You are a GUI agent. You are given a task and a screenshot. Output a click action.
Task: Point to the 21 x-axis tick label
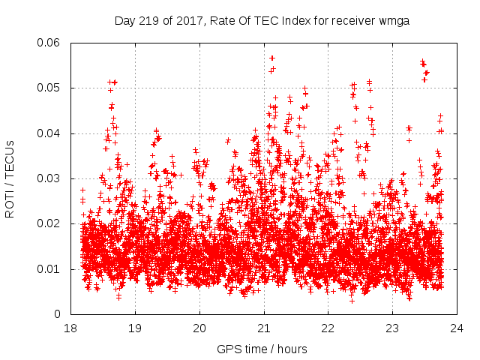point(264,328)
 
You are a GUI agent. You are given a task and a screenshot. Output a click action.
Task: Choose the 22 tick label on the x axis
point(328,328)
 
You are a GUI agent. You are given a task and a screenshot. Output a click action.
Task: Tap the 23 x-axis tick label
point(392,328)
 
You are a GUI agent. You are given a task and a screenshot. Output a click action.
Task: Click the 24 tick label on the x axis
point(457,328)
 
